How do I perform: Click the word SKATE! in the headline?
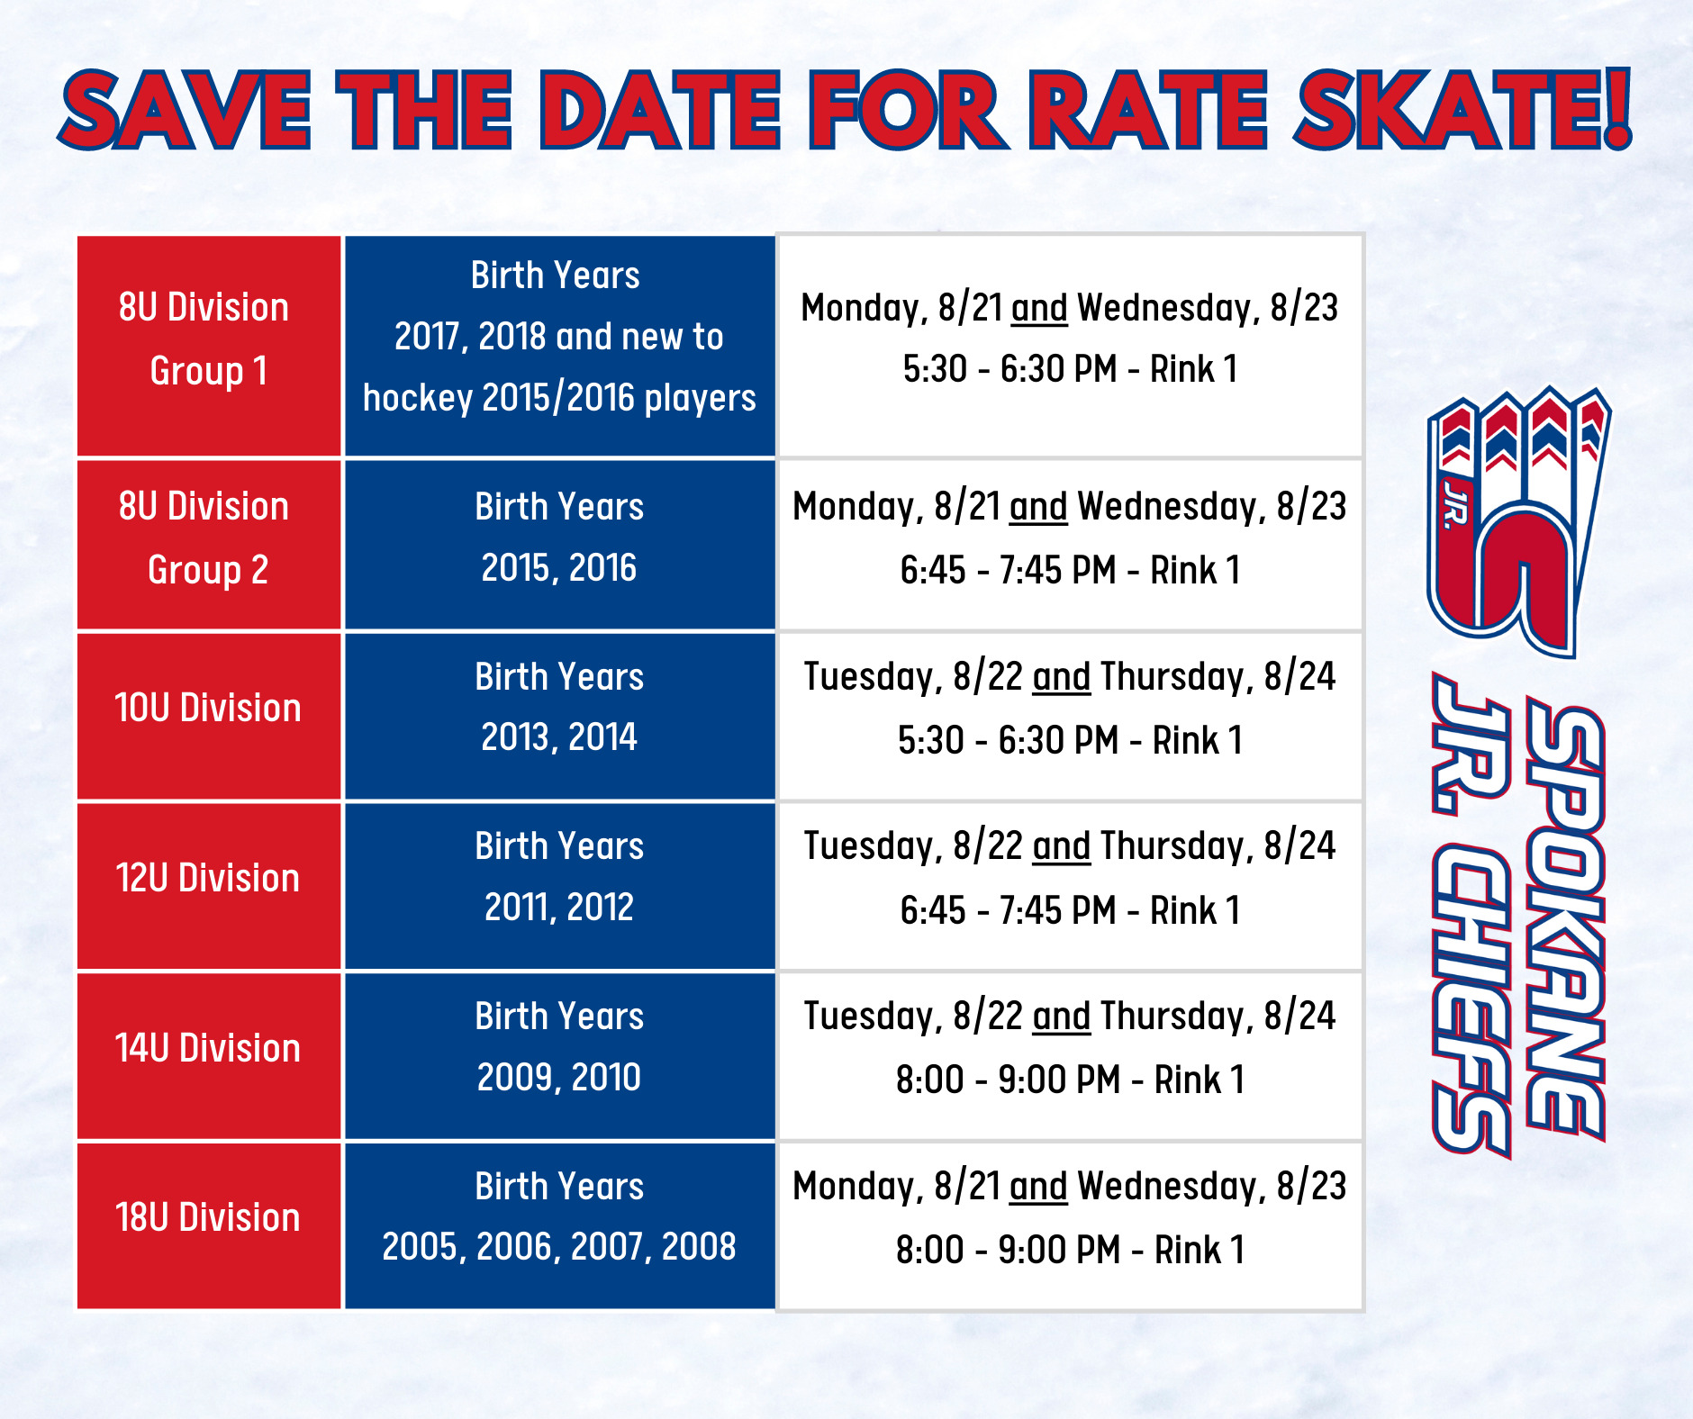[x=1462, y=109]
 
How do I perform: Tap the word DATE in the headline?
[x=660, y=110]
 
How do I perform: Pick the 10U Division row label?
[x=208, y=708]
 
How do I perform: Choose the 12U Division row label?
[x=208, y=878]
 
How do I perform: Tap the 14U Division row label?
[x=208, y=1048]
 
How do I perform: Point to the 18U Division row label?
[x=208, y=1217]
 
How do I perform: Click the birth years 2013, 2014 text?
[x=559, y=737]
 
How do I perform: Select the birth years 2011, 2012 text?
[x=559, y=908]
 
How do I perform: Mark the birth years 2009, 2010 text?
[x=559, y=1078]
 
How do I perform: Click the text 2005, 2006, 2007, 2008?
[x=559, y=1247]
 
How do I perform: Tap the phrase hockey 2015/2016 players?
[x=559, y=398]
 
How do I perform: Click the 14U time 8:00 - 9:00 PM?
[x=1009, y=1080]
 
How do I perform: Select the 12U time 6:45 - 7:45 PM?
[x=1009, y=910]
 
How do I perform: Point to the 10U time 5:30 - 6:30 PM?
[x=1009, y=740]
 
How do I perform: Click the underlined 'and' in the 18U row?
[x=1038, y=1187]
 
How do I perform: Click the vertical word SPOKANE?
[x=1565, y=924]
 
